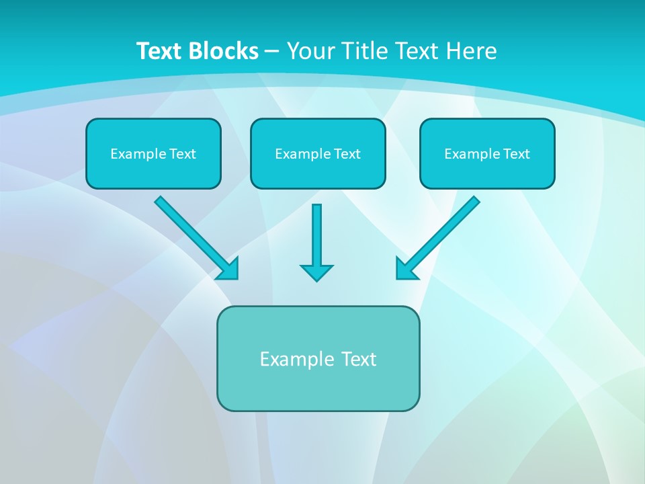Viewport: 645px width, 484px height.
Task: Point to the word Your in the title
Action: [310, 51]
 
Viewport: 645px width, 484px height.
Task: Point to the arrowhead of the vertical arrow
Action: [316, 272]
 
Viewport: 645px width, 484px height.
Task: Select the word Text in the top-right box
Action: [516, 154]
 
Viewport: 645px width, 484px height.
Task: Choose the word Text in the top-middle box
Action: [347, 154]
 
